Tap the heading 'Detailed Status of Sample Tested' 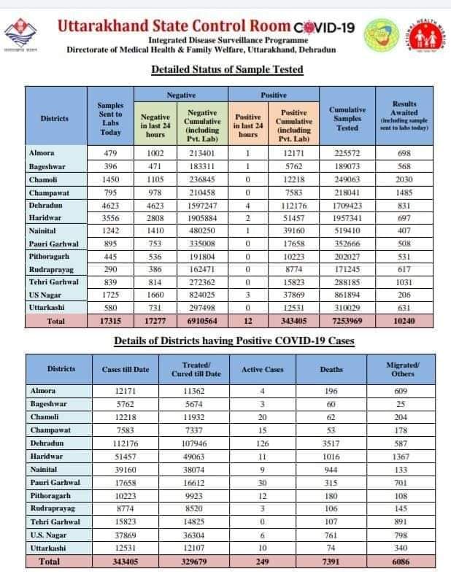(226, 69)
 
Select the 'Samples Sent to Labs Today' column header (110, 117)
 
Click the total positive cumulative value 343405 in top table (294, 321)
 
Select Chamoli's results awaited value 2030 (404, 180)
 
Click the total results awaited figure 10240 (404, 321)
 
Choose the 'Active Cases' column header (262, 370)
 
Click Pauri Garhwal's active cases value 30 (262, 482)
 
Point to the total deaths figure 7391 (331, 562)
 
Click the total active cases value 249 (262, 562)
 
